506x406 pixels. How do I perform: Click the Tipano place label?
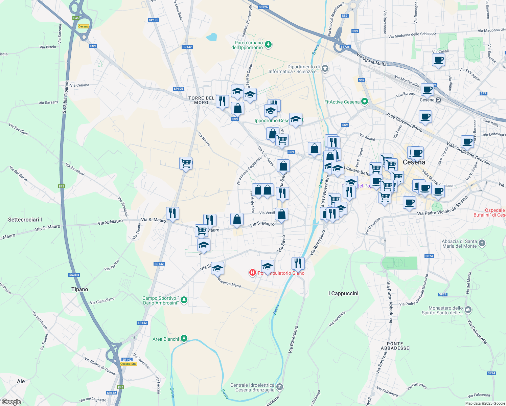click(x=79, y=289)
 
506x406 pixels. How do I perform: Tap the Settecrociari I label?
click(x=25, y=220)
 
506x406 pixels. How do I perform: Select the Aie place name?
click(x=21, y=381)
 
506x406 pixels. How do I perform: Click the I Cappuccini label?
click(x=343, y=293)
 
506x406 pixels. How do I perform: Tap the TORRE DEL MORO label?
click(x=201, y=100)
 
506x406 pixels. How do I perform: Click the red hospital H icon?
click(x=252, y=272)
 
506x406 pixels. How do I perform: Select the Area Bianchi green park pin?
click(x=184, y=339)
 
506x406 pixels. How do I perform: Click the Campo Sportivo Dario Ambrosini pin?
click(x=184, y=300)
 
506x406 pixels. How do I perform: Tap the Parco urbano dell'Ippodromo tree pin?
click(x=268, y=44)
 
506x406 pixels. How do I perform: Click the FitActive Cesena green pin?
click(x=364, y=101)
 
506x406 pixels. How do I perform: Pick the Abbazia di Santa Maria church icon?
click(x=482, y=243)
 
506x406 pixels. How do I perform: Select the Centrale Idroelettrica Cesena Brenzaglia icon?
click(x=280, y=387)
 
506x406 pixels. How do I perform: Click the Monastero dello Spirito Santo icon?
click(x=468, y=310)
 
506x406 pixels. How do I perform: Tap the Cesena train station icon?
click(x=438, y=100)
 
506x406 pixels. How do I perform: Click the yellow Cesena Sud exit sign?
click(x=129, y=364)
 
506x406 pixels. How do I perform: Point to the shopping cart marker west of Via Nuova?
click(x=186, y=163)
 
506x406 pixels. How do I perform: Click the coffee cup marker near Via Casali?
click(x=438, y=60)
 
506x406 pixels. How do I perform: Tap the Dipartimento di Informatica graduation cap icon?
click(x=325, y=69)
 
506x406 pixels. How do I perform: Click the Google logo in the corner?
click(x=11, y=402)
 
